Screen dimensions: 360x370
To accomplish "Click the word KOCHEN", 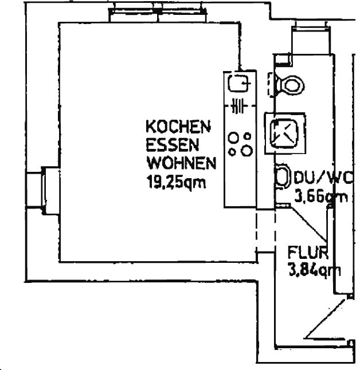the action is point(178,127).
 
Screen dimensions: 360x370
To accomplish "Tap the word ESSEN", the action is point(172,145).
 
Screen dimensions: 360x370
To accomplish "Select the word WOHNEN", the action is point(181,163).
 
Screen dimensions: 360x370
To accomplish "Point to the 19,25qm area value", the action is point(176,182).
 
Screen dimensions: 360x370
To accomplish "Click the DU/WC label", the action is point(324,178).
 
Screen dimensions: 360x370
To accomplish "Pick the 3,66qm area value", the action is point(321,196).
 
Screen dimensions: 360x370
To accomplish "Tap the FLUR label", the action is point(308,253).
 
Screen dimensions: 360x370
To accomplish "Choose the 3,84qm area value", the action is point(314,271).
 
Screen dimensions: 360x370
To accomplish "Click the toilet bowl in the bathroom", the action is point(292,85).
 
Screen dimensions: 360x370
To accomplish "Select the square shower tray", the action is point(285,133).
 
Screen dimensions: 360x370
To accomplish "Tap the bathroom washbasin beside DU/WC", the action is point(283,176).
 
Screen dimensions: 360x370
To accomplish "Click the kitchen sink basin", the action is point(239,83).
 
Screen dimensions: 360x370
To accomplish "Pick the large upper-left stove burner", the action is point(233,137).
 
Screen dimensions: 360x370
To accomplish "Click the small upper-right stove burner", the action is point(247,136).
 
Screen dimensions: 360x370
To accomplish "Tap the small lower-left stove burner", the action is point(232,152).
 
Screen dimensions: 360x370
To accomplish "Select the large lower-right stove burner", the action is point(246,150).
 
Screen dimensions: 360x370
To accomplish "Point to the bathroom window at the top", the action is point(311,38).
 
